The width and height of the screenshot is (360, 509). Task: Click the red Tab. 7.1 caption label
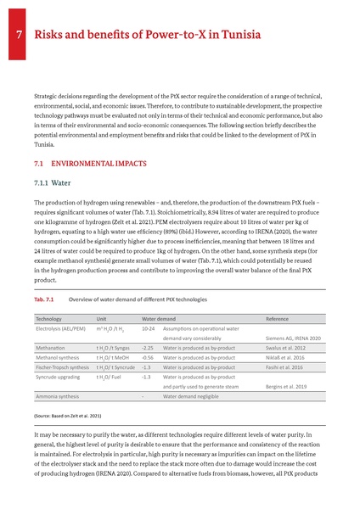(x=45, y=299)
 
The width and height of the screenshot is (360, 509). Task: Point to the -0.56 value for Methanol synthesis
(x=147, y=359)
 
